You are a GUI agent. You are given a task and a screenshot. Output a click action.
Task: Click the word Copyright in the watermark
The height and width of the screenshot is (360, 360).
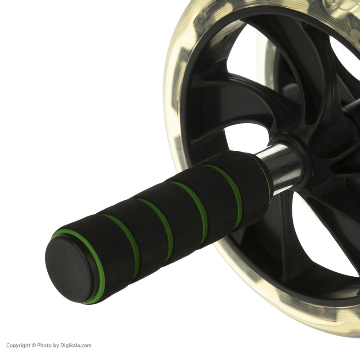(x=18, y=346)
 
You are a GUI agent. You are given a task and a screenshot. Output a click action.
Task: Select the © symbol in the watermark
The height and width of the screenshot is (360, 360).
(x=34, y=346)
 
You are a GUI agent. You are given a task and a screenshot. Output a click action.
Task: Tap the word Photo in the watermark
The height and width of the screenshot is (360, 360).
(x=44, y=346)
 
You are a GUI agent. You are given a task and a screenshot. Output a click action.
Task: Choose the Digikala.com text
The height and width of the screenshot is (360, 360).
(x=76, y=346)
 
